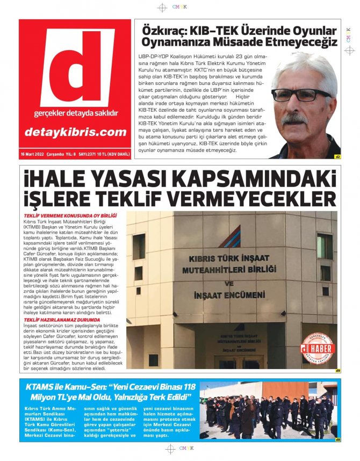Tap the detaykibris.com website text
point(75,132)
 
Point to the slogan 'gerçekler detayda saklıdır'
point(75,113)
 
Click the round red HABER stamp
point(317,349)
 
